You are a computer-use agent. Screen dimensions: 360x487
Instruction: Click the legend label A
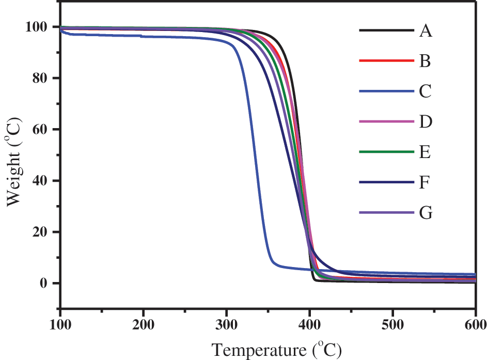pos(426,32)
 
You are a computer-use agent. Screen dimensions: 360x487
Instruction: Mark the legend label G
pos(426,212)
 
